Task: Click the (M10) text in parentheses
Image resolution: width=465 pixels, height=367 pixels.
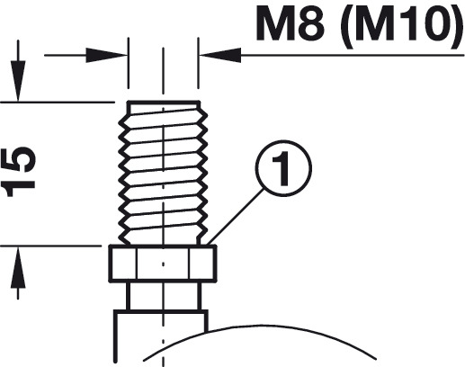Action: [403, 27]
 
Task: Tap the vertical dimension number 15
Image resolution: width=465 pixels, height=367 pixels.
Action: [19, 172]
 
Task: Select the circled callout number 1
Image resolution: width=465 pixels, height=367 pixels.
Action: [283, 168]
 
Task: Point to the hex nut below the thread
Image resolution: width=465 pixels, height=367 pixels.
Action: [163, 264]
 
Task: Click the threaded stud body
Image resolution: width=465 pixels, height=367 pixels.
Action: [163, 173]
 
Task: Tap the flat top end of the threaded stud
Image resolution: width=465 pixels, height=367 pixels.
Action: [164, 103]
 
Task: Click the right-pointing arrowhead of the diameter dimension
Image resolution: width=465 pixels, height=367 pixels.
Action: [107, 55]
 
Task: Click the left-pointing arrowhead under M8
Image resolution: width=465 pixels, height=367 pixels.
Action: [220, 55]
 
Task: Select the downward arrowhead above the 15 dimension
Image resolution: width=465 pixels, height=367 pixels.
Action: [18, 81]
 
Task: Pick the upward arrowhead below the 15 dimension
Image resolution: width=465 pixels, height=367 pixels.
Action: [18, 267]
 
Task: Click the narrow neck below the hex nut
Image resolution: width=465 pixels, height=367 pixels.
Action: [164, 297]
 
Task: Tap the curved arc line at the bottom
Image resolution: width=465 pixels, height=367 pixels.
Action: [260, 326]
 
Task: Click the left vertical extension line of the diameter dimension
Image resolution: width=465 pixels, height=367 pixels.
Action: [129, 63]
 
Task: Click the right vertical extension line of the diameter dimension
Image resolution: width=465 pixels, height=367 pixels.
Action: [198, 63]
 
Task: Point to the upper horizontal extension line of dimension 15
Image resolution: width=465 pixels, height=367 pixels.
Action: [58, 103]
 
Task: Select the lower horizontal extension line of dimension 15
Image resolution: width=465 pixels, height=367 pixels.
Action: [51, 246]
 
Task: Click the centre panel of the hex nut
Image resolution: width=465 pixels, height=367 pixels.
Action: [163, 264]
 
